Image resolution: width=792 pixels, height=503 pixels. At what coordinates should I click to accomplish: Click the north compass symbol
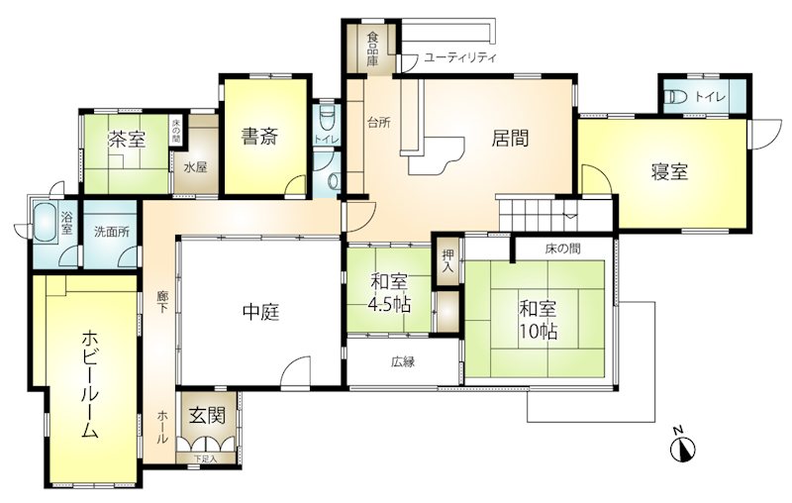pyautogui.click(x=682, y=446)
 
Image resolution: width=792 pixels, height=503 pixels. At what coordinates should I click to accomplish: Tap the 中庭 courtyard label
pyautogui.click(x=261, y=313)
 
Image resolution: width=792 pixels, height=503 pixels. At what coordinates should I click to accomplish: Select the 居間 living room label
pyautogui.click(x=510, y=138)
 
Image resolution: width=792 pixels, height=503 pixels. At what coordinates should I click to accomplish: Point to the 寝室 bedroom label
pyautogui.click(x=669, y=172)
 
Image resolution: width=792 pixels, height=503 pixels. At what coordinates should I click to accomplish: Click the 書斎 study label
pyautogui.click(x=259, y=137)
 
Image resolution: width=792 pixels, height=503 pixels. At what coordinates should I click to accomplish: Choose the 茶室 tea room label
pyautogui.click(x=127, y=140)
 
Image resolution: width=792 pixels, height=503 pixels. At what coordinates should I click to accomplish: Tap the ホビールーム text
pyautogui.click(x=89, y=384)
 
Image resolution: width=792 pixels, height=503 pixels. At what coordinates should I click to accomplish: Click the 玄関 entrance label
pyautogui.click(x=207, y=416)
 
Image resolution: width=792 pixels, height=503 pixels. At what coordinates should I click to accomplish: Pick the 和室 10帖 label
pyautogui.click(x=539, y=320)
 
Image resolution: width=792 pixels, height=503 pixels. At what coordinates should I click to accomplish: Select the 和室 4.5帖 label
pyautogui.click(x=390, y=293)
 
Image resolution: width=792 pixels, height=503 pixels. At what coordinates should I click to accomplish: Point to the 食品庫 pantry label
pyautogui.click(x=373, y=49)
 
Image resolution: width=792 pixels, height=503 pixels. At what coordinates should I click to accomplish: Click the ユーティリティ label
pyautogui.click(x=459, y=57)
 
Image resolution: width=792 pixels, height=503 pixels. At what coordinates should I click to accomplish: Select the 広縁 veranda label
pyautogui.click(x=403, y=361)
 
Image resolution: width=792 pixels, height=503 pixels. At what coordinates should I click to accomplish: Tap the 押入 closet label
pyautogui.click(x=447, y=260)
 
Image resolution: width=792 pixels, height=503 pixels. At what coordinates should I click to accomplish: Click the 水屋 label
pyautogui.click(x=195, y=167)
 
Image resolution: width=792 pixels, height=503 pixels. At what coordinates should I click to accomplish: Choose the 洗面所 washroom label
pyautogui.click(x=112, y=232)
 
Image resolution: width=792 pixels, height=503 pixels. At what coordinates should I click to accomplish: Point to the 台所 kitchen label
pyautogui.click(x=378, y=122)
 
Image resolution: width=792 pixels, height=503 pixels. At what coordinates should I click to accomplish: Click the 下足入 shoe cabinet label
pyautogui.click(x=206, y=458)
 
